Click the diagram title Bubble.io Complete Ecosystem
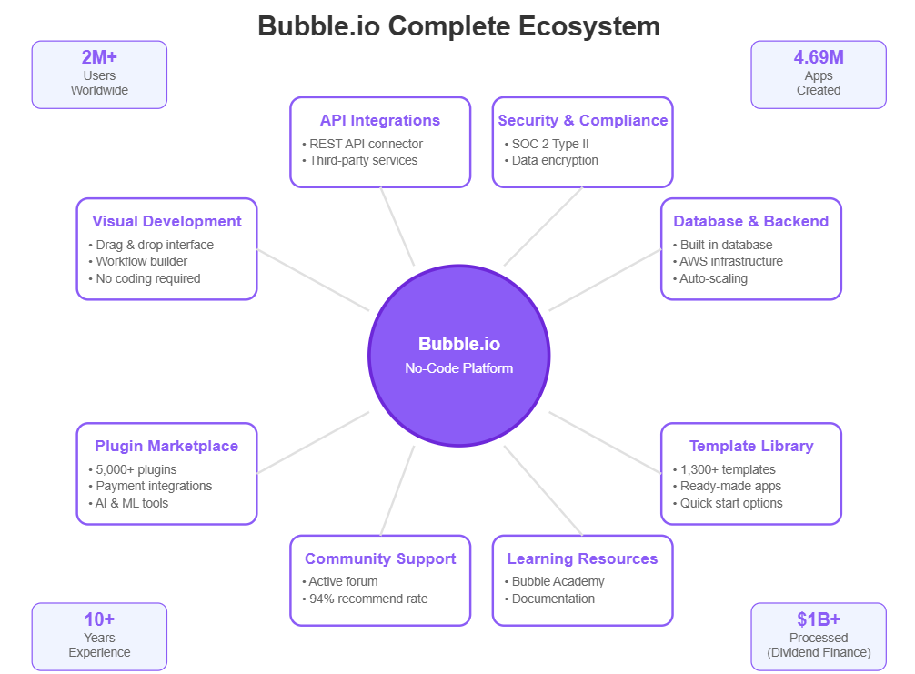pos(458,25)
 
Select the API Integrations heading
pos(379,120)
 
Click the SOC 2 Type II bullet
pos(551,144)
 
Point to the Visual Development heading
pos(166,221)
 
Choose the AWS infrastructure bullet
pos(731,262)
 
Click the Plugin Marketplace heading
pos(166,446)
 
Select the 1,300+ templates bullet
pos(728,469)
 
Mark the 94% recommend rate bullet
pos(367,599)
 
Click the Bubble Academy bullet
pos(558,581)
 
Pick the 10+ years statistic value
pos(99,619)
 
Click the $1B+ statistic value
pos(819,619)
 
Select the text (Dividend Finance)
pos(819,652)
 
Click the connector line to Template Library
pos(605,442)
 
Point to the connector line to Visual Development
pos(314,280)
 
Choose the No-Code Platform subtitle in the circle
pos(458,368)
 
